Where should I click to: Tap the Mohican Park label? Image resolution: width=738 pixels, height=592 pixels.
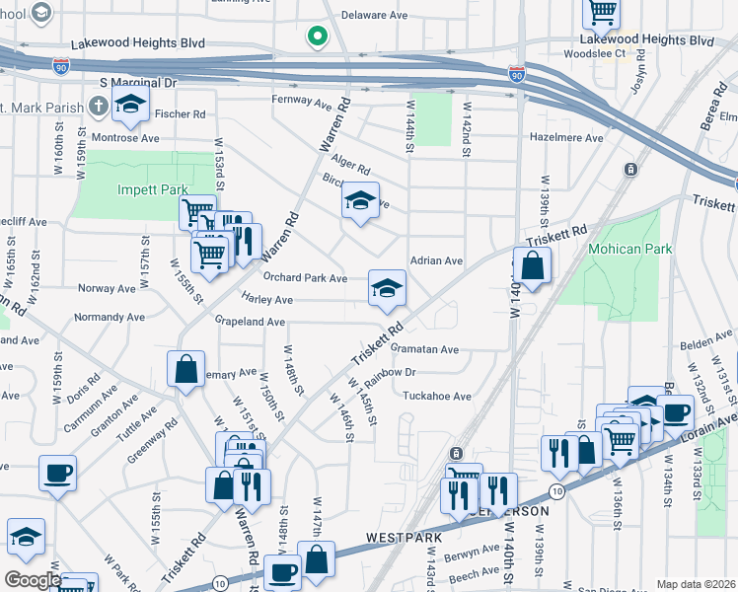629,249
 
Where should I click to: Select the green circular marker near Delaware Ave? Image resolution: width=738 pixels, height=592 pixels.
317,37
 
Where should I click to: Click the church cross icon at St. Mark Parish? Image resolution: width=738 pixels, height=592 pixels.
99,105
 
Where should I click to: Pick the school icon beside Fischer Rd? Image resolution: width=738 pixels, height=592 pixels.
130,103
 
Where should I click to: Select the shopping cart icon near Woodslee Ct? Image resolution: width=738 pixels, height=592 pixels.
601,12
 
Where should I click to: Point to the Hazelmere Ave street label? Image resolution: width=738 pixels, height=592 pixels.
566,138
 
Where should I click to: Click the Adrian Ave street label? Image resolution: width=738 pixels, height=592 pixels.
436,261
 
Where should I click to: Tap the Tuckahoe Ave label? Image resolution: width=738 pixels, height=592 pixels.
437,396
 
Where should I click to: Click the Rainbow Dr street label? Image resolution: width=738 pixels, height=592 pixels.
391,373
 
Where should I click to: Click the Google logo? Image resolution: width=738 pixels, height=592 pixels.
32,579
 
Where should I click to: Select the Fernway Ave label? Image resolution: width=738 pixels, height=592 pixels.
302,102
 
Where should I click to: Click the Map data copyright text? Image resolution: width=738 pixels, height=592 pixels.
696,584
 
